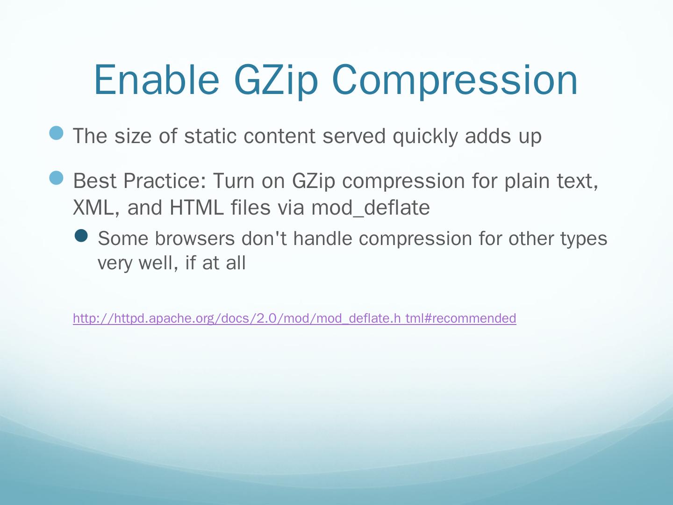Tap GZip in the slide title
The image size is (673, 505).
click(x=276, y=81)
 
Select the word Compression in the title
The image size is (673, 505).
click(x=455, y=81)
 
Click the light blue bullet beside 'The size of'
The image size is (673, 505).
click(x=56, y=133)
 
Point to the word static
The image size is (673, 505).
click(x=210, y=136)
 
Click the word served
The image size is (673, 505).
click(x=354, y=136)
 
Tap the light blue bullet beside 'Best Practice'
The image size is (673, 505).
click(x=56, y=178)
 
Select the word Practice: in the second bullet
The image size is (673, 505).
click(x=165, y=180)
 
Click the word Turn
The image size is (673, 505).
click(x=234, y=180)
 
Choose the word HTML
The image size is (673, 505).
click(x=197, y=208)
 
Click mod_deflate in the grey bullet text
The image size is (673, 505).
click(x=371, y=208)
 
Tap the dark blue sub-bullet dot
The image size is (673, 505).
click(x=81, y=236)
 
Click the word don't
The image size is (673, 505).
click(x=265, y=238)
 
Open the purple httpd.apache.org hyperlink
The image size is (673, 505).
click(x=294, y=318)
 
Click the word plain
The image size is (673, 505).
click(x=527, y=181)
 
